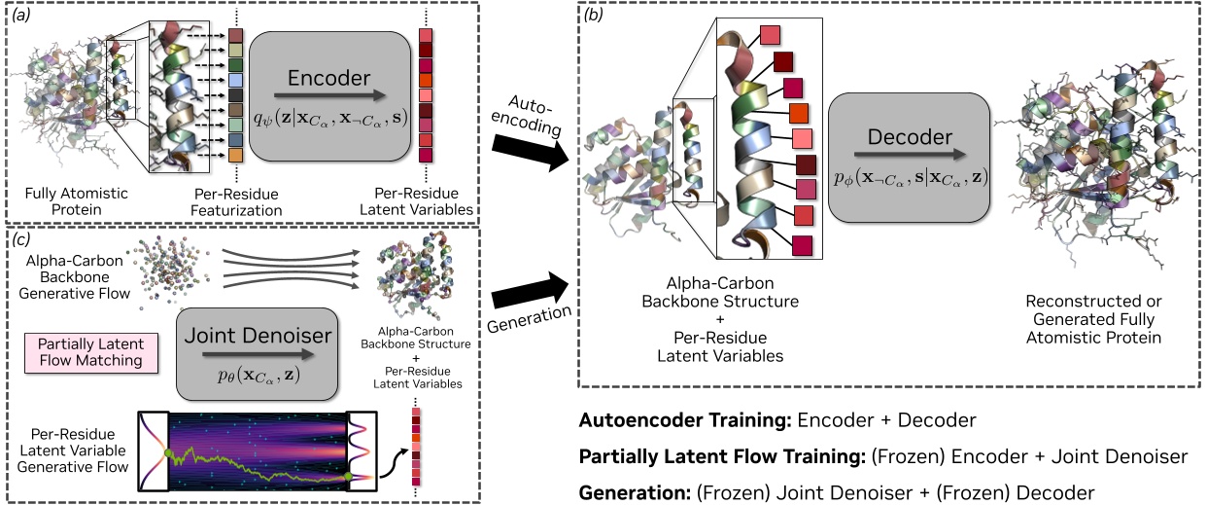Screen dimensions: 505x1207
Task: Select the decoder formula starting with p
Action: [910, 178]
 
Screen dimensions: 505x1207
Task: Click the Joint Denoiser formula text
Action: [257, 374]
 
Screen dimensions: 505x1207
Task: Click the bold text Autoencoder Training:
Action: [685, 422]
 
